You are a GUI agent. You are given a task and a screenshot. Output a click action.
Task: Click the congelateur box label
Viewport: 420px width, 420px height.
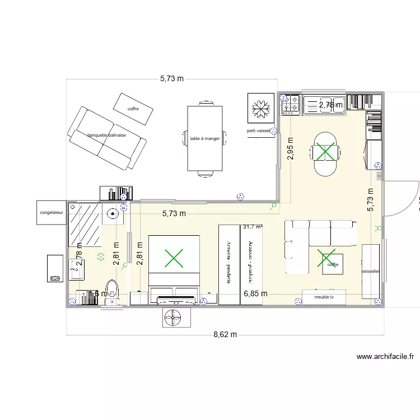click(52, 213)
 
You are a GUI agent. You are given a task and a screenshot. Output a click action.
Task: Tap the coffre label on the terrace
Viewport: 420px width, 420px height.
click(133, 109)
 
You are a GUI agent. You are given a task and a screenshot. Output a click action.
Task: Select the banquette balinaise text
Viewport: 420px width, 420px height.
click(106, 135)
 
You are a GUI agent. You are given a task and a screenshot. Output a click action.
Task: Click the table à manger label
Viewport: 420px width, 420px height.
click(205, 138)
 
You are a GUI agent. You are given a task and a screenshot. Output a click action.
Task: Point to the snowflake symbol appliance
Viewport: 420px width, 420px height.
click(260, 108)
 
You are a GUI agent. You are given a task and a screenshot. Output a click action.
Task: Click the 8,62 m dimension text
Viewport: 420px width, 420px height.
click(225, 335)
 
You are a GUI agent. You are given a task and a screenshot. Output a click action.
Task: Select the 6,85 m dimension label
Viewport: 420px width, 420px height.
click(255, 293)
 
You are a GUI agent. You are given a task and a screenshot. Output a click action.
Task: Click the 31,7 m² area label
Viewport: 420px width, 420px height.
click(253, 227)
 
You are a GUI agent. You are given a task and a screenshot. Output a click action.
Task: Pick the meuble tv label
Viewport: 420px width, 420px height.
click(324, 297)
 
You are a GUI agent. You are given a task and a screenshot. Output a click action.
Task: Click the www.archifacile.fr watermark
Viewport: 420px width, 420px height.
click(385, 356)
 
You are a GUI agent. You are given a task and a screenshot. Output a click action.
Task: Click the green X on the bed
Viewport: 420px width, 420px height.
click(174, 258)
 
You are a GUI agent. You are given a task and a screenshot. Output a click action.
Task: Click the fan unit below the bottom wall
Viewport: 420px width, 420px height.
click(176, 318)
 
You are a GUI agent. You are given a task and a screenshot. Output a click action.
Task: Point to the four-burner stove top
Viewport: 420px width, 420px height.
click(291, 105)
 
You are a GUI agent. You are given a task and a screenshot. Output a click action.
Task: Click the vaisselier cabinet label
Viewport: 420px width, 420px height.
click(370, 271)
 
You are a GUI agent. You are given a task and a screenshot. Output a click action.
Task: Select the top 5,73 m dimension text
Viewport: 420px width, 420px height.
click(171, 79)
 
